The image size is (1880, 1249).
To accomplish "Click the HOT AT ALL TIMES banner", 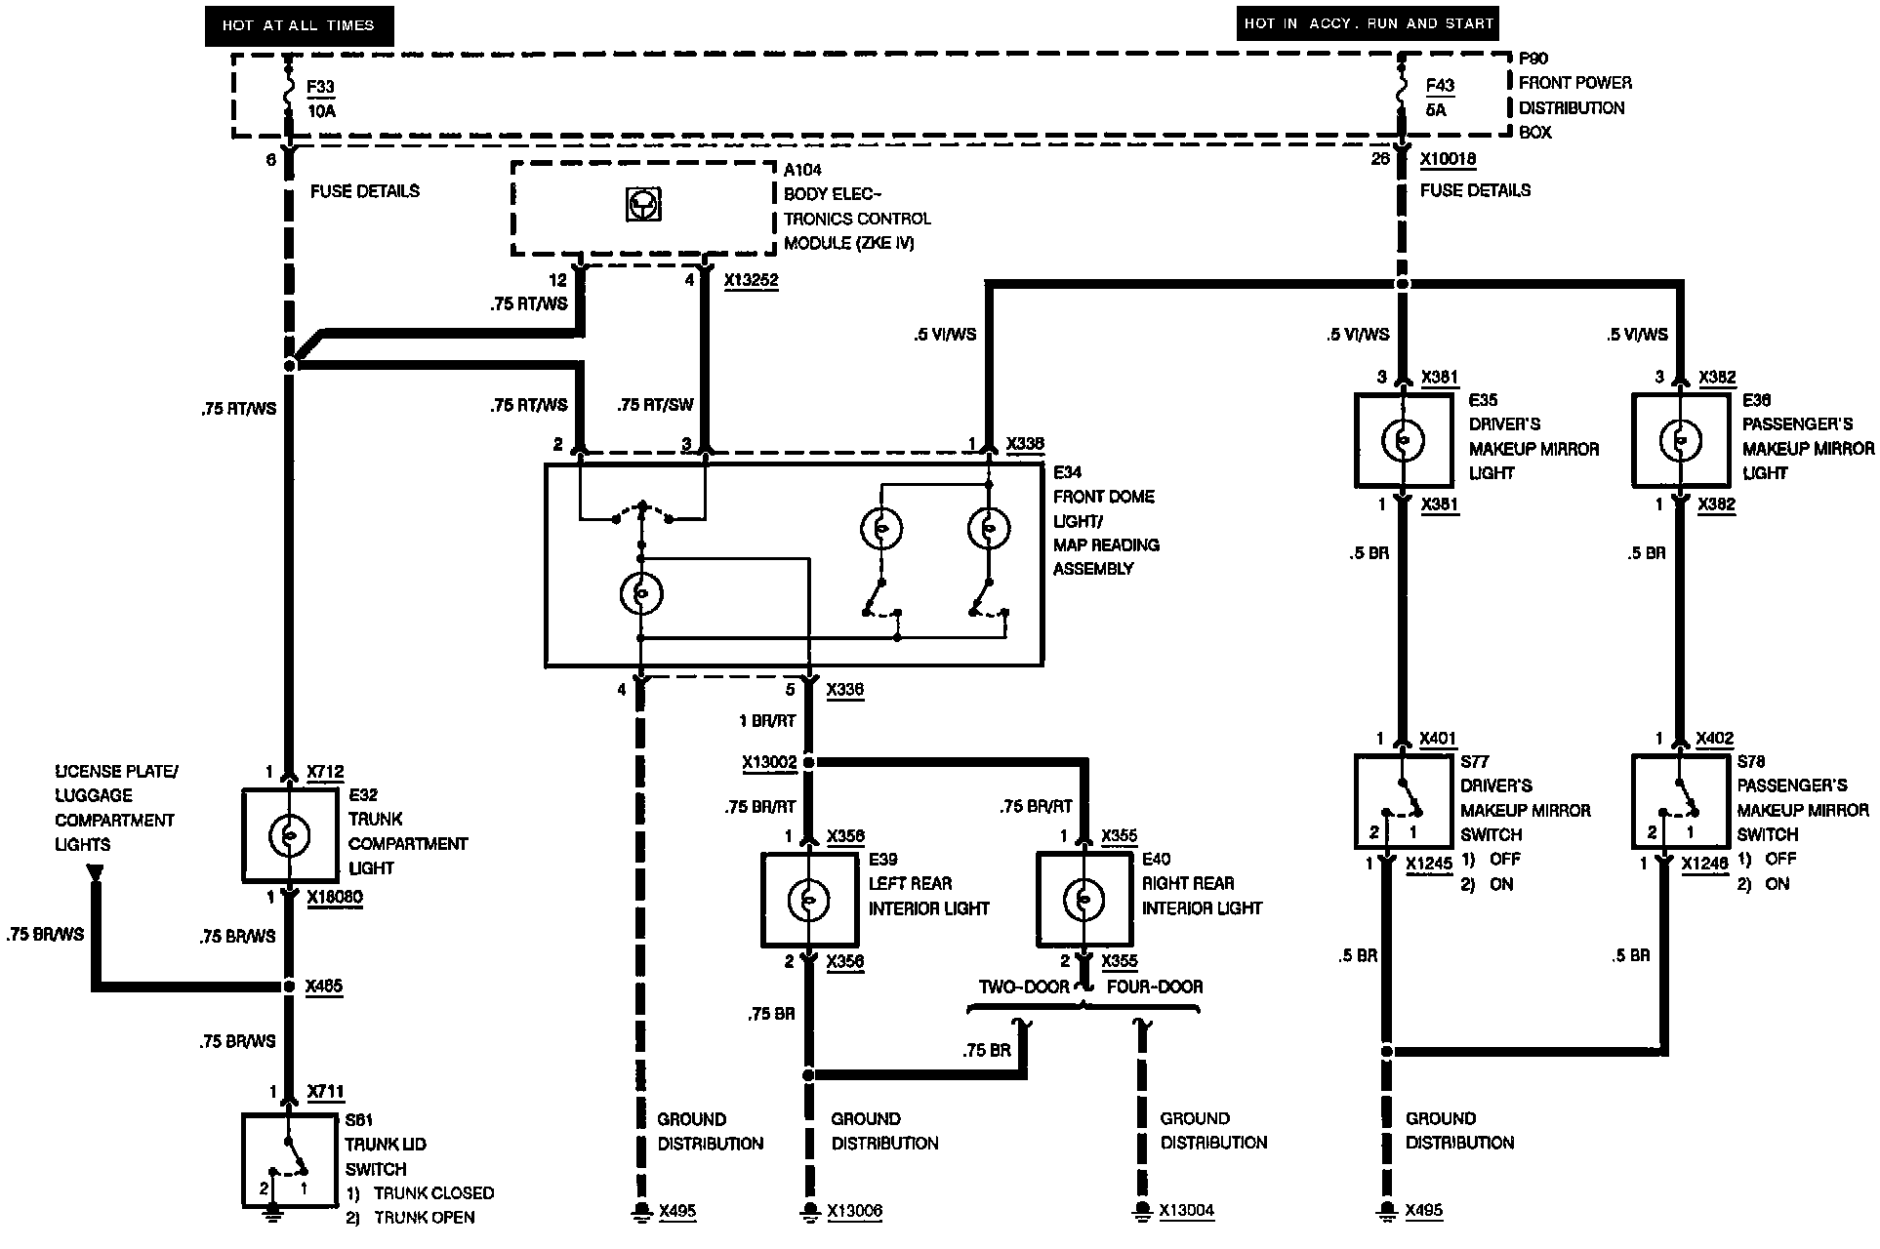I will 299,25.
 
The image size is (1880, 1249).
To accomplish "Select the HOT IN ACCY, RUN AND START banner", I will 1369,23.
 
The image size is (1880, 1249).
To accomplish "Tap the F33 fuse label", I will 320,87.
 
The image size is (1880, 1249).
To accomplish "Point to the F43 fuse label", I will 1440,85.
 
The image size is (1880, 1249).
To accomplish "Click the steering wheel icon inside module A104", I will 642,205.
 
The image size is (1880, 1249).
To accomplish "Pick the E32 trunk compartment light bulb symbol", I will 289,835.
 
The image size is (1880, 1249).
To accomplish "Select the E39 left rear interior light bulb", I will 808,900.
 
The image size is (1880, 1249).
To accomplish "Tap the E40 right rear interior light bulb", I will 1083,900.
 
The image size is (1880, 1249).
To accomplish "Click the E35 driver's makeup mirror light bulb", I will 1402,440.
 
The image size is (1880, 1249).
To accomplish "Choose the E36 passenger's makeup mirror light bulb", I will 1679,440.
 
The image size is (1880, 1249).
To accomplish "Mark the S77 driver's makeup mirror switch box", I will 1403,800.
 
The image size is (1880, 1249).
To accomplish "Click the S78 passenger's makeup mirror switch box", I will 1680,800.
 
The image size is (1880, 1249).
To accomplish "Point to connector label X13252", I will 751,281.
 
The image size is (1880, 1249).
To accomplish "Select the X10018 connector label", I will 1448,159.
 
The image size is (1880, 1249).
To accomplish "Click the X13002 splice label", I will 769,762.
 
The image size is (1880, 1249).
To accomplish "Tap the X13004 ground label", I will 1186,1211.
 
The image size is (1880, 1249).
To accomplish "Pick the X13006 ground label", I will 854,1211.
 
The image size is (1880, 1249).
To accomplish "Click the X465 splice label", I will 324,987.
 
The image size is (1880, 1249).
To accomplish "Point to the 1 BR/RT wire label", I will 768,721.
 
